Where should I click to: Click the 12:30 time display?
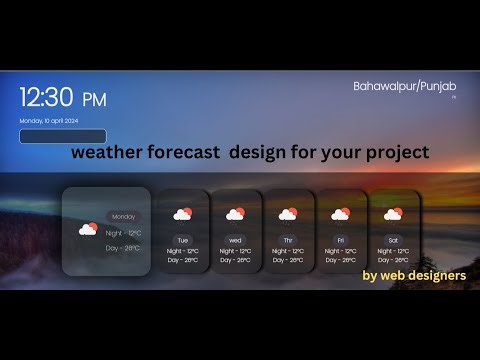pyautogui.click(x=47, y=97)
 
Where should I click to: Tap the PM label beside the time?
pyautogui.click(x=93, y=99)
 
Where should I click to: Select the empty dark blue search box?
pyautogui.click(x=63, y=136)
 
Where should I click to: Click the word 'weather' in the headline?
pyautogui.click(x=107, y=153)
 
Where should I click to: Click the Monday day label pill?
pyautogui.click(x=124, y=216)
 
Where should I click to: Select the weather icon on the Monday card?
pyautogui.click(x=89, y=229)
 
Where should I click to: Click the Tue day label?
pyautogui.click(x=182, y=240)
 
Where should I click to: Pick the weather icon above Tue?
pyautogui.click(x=182, y=214)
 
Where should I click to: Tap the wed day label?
pyautogui.click(x=235, y=240)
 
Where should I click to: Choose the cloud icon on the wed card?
pyautogui.click(x=235, y=214)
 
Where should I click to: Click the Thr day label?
pyautogui.click(x=288, y=240)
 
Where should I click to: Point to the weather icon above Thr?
pyautogui.click(x=288, y=214)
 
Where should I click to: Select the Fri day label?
pyautogui.click(x=340, y=240)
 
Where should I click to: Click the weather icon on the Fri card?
pyautogui.click(x=340, y=214)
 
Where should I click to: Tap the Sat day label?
pyautogui.click(x=393, y=240)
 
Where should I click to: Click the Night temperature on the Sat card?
pyautogui.click(x=393, y=251)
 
